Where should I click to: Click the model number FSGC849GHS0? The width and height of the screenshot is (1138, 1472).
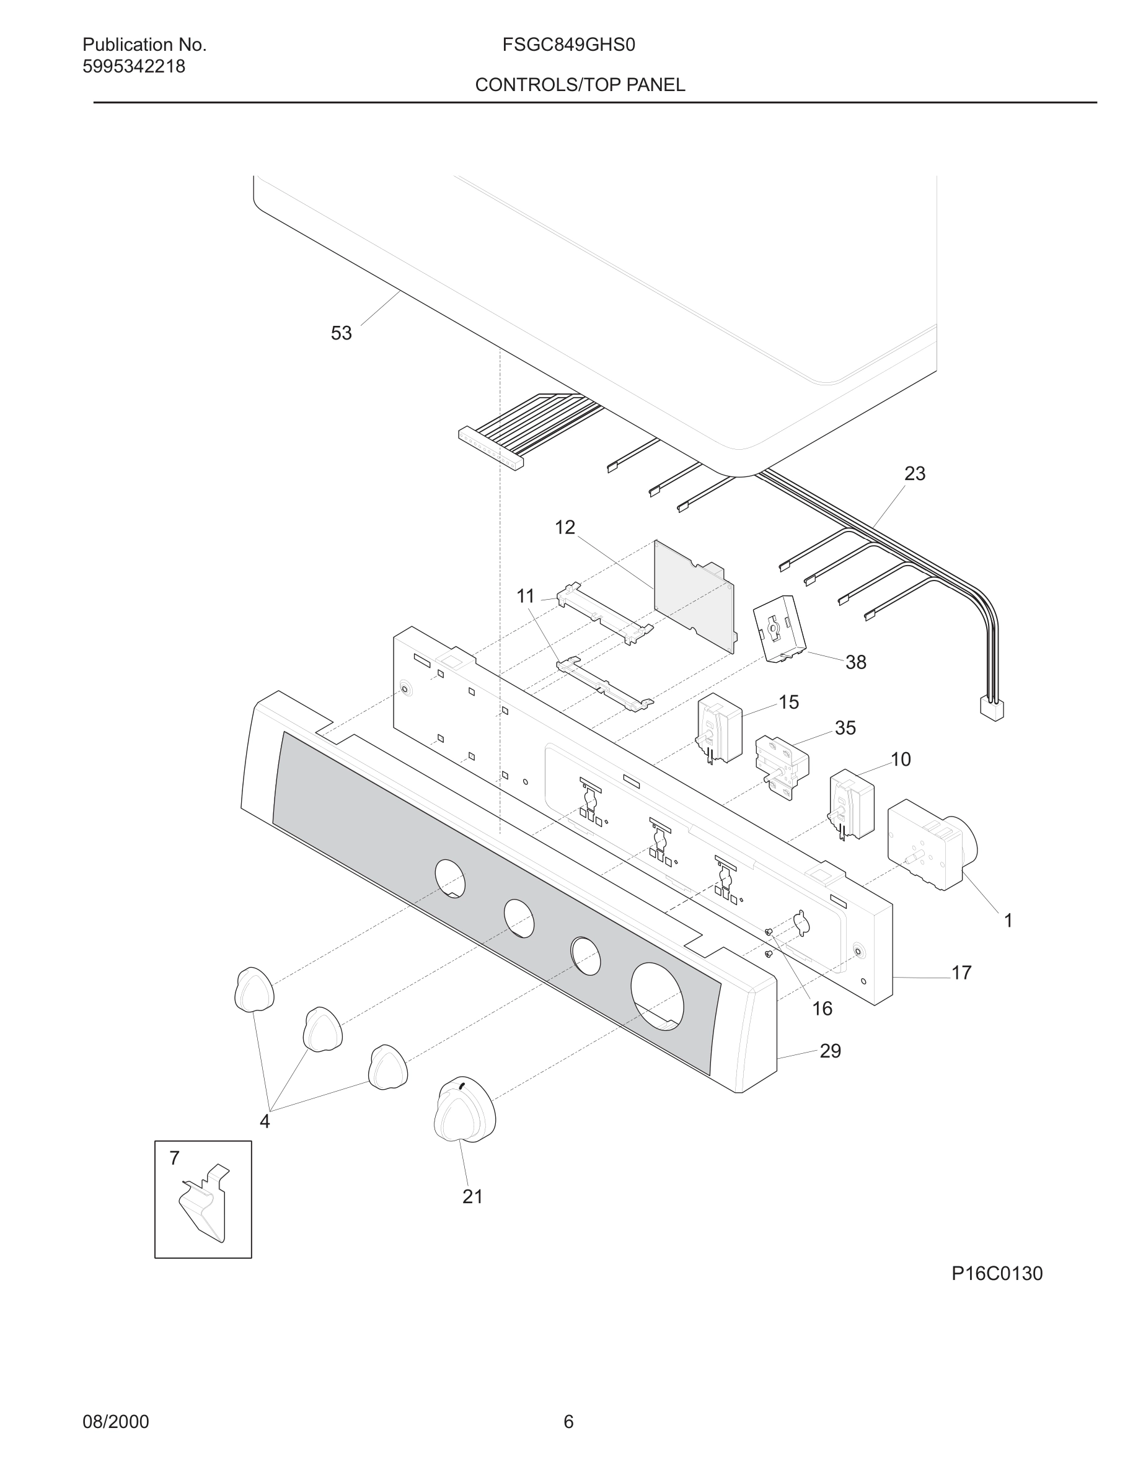click(568, 45)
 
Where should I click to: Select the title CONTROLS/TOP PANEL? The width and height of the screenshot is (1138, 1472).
click(580, 85)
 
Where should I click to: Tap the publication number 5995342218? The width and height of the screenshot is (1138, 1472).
click(133, 67)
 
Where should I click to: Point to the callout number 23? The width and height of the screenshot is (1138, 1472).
click(914, 474)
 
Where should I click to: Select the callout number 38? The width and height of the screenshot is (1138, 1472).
click(855, 662)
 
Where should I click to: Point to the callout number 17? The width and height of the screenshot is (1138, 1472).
click(961, 973)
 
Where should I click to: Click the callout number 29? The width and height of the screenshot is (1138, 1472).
click(831, 1051)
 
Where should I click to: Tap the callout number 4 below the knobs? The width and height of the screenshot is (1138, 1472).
click(264, 1121)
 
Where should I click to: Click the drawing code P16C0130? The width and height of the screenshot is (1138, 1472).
click(997, 1274)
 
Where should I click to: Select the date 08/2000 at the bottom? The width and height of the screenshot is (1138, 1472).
click(115, 1422)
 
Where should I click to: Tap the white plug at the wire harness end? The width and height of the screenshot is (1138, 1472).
click(991, 708)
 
